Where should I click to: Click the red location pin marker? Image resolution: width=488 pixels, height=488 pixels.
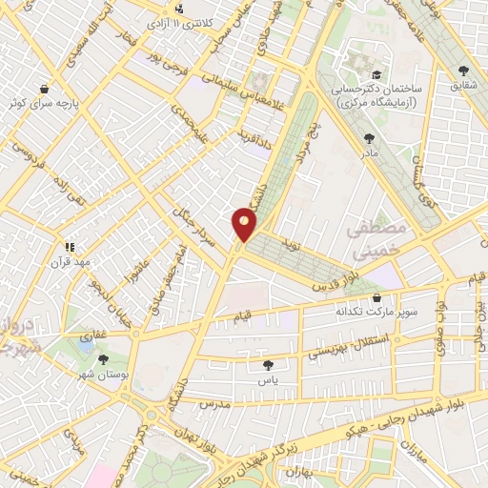[245, 225]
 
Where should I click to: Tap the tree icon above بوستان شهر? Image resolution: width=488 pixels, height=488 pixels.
[103, 359]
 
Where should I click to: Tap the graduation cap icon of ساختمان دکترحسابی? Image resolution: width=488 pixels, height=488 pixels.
[376, 74]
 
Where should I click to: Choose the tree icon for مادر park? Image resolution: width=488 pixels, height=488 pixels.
[369, 138]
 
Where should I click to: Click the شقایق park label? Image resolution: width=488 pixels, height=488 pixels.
[464, 84]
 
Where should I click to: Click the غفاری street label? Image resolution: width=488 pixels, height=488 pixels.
[93, 335]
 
